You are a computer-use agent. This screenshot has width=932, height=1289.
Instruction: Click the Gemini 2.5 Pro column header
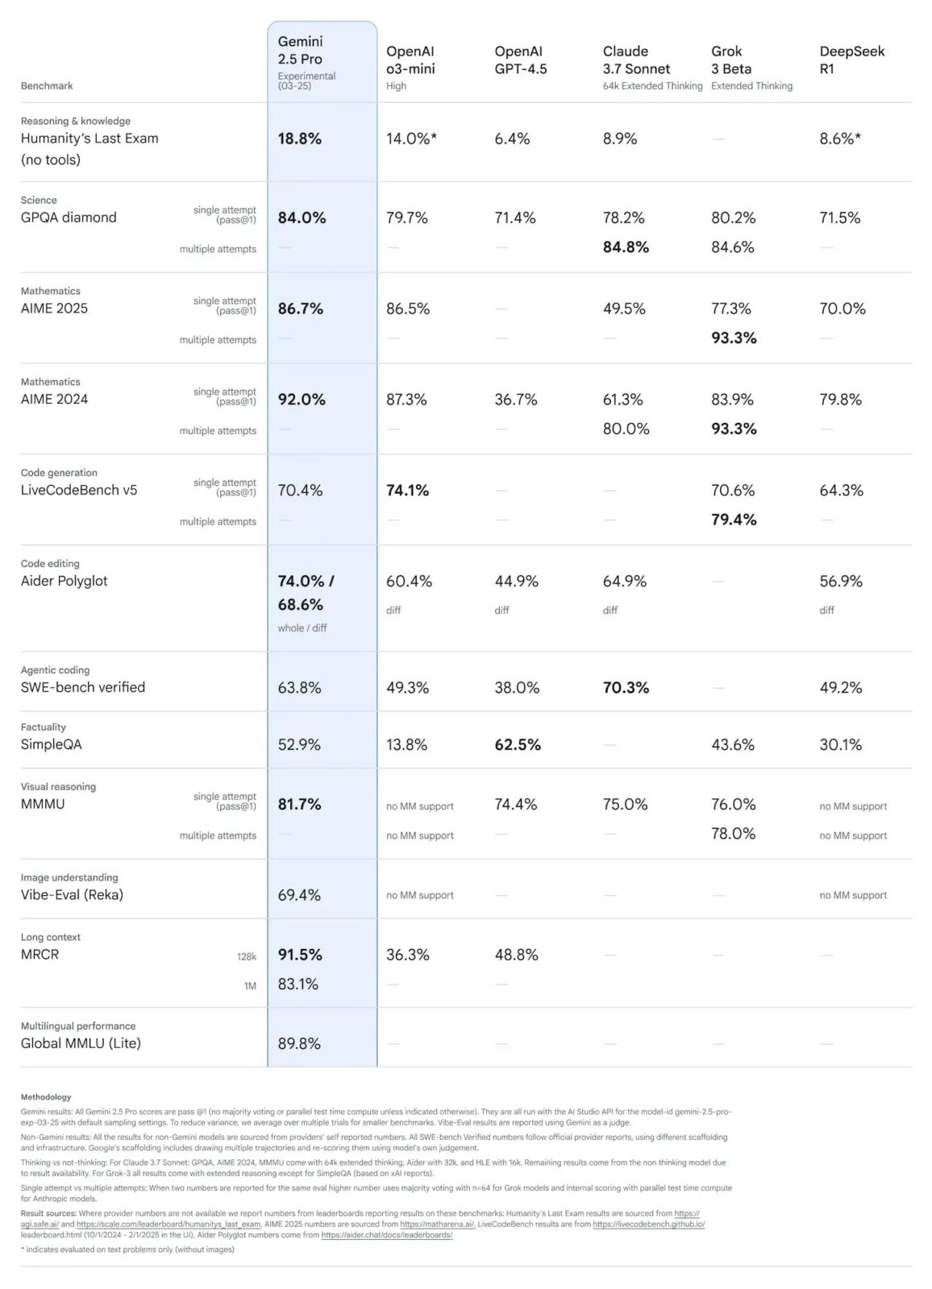point(300,50)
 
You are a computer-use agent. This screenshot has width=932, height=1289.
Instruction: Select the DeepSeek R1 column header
point(851,60)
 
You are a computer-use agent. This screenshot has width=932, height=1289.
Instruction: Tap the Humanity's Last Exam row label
point(89,139)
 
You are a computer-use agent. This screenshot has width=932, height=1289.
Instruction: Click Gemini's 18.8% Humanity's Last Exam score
point(300,139)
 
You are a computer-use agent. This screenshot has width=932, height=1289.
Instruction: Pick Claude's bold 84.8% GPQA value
point(626,247)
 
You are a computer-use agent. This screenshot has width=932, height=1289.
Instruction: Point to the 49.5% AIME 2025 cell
point(624,309)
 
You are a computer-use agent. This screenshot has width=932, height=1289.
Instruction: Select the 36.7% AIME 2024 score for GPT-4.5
point(515,400)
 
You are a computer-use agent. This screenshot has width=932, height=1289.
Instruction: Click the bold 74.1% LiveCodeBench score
point(407,491)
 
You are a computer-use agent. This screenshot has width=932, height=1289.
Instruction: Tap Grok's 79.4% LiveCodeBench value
point(734,520)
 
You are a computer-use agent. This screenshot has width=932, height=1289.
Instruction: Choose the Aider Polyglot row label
point(64,581)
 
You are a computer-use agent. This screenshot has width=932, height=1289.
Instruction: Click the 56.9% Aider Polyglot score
point(841,582)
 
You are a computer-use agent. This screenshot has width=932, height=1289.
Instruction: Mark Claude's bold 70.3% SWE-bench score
point(626,688)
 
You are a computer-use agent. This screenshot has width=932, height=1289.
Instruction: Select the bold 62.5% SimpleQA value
point(518,745)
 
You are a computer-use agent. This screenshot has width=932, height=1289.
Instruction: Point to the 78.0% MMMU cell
point(733,834)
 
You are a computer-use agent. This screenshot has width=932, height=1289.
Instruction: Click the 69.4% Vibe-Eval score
point(299,895)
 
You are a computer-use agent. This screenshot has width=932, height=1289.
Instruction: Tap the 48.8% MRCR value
point(515,955)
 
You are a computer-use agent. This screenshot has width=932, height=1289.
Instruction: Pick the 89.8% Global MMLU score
point(299,1044)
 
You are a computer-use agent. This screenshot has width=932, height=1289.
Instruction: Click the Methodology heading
point(46,1097)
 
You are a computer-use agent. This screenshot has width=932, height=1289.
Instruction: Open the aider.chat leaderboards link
point(387,1235)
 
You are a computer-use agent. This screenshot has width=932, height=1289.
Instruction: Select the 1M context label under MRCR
point(250,986)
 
